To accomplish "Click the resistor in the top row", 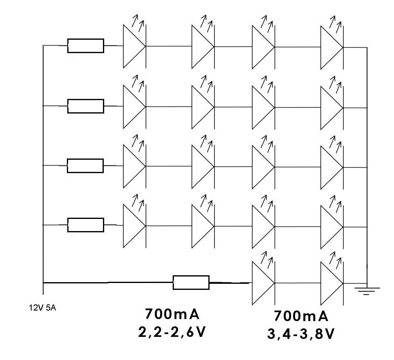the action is (86, 46).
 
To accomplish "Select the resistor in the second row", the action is (86, 106).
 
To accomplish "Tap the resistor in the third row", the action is (86, 166).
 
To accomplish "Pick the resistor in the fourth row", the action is (86, 225).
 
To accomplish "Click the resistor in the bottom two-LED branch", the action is (191, 283).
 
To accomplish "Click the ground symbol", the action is (367, 290).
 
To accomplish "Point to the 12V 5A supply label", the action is (42, 308).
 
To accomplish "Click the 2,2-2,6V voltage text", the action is (172, 332).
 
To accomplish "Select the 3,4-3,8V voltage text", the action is (301, 334).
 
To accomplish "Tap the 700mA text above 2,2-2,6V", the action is (172, 314).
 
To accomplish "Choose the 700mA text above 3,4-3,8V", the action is (301, 316).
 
